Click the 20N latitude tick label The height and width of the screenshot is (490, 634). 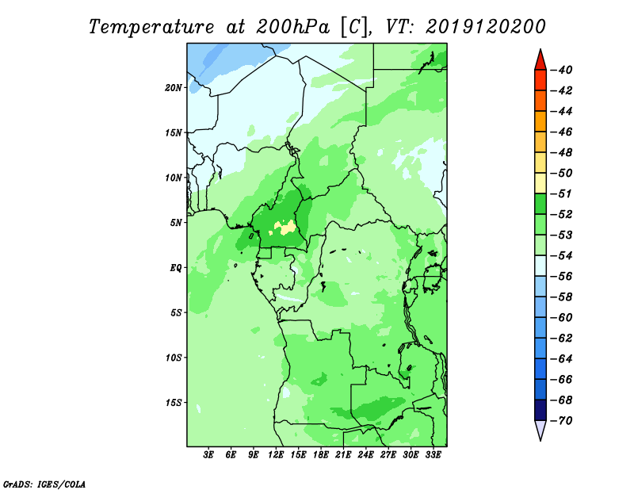(174, 88)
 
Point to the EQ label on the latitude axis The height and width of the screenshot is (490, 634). (176, 268)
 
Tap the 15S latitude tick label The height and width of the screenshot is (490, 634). (174, 403)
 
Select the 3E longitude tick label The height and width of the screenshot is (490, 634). (208, 454)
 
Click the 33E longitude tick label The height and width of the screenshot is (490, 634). (433, 454)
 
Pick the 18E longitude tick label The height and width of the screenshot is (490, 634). (321, 454)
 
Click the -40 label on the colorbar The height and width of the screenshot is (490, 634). (561, 70)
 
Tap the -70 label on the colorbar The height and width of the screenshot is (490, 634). (561, 421)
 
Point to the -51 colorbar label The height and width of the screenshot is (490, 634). (561, 193)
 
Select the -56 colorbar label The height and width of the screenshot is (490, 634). (561, 277)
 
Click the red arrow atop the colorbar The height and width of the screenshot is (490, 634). (540, 61)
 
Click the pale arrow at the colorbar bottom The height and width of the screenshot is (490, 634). (540, 430)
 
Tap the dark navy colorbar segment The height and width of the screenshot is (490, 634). (540, 410)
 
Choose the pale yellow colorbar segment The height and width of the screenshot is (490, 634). (540, 183)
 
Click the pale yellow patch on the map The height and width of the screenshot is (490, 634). (285, 227)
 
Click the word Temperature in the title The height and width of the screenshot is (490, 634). (151, 27)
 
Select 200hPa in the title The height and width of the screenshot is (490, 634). (292, 27)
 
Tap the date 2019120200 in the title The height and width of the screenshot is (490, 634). (485, 27)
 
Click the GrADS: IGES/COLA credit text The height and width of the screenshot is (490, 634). (44, 484)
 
